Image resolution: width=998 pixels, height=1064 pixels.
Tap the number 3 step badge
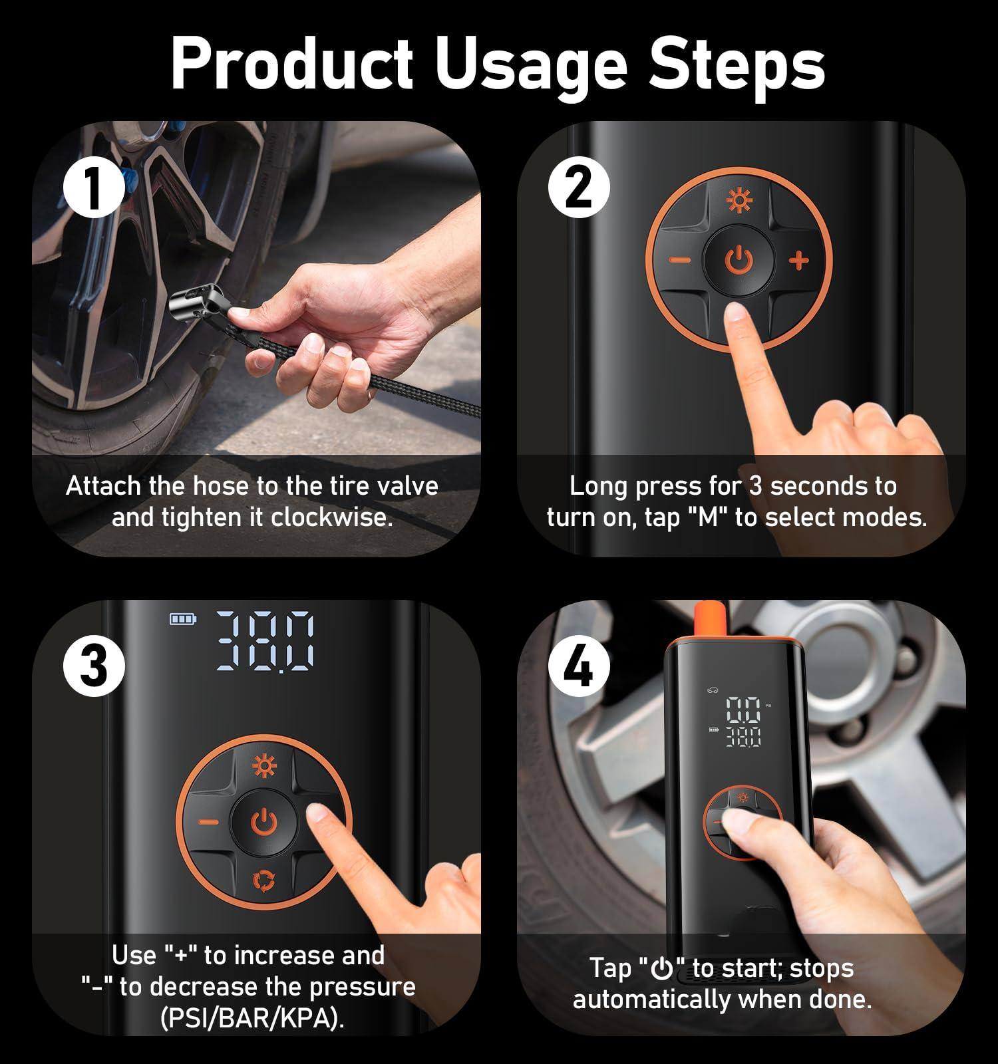point(94,666)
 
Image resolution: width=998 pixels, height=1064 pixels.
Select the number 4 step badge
point(579,666)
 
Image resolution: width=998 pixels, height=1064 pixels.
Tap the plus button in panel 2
point(799,261)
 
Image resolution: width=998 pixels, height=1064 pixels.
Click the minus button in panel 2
point(680,261)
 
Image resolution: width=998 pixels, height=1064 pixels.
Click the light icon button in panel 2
point(739,201)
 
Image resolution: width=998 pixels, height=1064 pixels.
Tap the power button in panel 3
point(264,823)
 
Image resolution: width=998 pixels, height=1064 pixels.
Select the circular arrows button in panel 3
point(264,881)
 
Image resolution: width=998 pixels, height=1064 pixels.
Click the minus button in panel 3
point(208,823)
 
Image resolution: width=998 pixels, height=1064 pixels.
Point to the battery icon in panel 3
point(182,620)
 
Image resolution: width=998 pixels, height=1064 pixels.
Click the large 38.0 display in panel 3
point(266,641)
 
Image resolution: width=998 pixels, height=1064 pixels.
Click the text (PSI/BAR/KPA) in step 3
point(253,1018)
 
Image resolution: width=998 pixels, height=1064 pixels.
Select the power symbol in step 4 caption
point(662,970)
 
